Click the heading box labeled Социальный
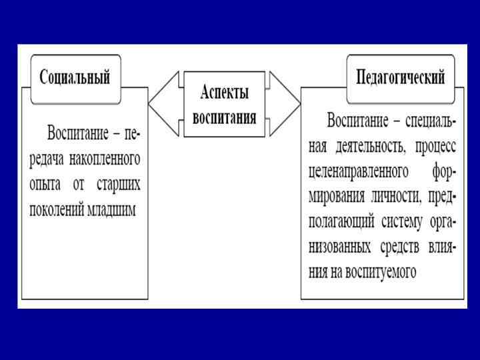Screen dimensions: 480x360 pyautogui.click(x=74, y=77)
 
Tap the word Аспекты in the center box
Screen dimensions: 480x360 pyautogui.click(x=224, y=91)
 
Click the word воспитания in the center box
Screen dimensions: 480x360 pyautogui.click(x=224, y=118)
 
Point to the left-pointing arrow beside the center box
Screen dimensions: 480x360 pyautogui.click(x=163, y=104)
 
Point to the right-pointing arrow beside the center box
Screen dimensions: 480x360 pyautogui.click(x=285, y=104)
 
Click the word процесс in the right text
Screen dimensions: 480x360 pyautogui.click(x=434, y=145)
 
